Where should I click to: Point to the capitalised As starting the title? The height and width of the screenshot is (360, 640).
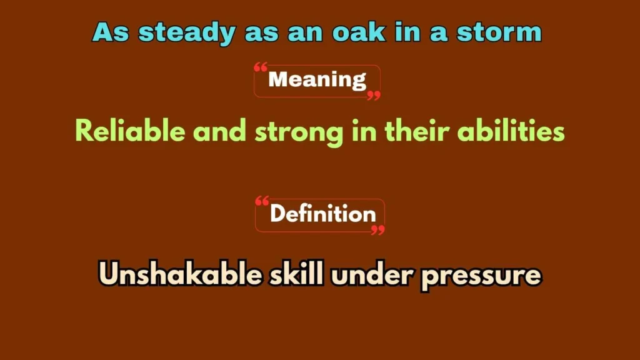click(112, 32)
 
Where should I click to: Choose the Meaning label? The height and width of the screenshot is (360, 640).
click(317, 80)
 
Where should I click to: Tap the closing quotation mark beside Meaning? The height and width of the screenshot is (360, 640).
click(374, 95)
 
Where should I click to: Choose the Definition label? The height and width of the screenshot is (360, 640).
click(322, 214)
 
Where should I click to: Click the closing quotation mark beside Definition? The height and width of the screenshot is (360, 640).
click(377, 229)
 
